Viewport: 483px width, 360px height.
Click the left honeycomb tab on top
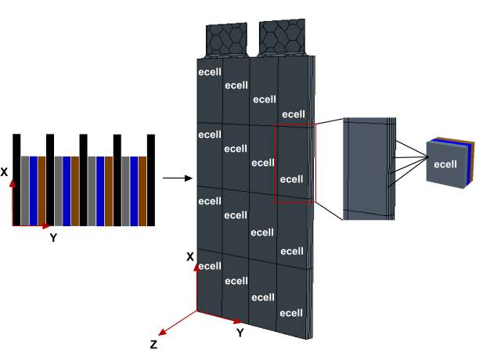(226, 38)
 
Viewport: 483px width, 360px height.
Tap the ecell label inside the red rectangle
(291, 179)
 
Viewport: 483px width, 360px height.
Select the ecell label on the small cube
(445, 164)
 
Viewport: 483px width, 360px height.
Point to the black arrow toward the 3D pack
(178, 178)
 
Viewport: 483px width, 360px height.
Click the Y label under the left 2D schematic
(53, 238)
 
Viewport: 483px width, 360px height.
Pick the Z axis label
(153, 344)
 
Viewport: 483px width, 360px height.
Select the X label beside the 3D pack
(189, 257)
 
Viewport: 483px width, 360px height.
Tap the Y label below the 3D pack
(240, 333)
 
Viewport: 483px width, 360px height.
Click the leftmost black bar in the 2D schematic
(16, 179)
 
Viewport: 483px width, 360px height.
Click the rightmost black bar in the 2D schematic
(151, 179)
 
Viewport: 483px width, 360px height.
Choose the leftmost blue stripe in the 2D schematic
(33, 190)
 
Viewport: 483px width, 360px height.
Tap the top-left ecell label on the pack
(210, 70)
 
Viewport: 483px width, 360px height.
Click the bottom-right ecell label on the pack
(291, 313)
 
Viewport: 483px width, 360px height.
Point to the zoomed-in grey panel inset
(368, 167)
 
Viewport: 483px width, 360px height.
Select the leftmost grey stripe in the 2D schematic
(24, 190)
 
